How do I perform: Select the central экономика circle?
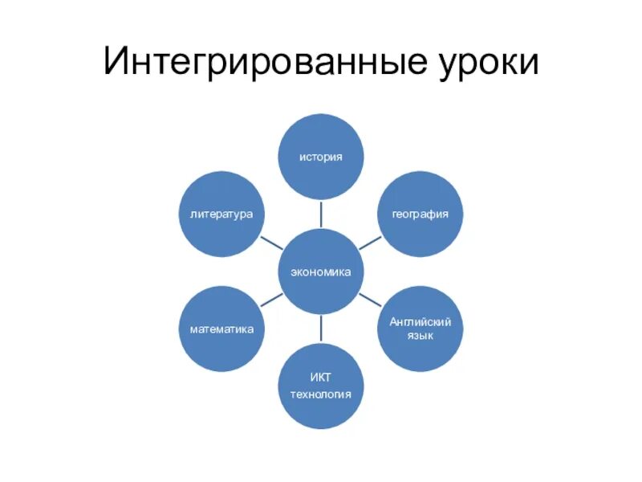tap(321, 272)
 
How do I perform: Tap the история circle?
tap(321, 157)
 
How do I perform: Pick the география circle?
tap(421, 214)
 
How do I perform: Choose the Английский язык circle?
tap(421, 329)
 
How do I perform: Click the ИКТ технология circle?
tap(321, 386)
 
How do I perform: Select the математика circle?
tap(221, 329)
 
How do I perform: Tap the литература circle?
tap(221, 214)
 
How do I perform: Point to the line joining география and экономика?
tap(371, 243)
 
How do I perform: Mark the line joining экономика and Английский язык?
tap(370, 300)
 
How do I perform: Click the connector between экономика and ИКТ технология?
tap(321, 329)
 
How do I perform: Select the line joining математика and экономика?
tap(271, 301)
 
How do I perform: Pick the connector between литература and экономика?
tap(271, 243)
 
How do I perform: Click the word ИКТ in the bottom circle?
tap(321, 377)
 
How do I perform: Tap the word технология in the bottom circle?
tap(321, 394)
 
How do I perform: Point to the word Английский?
tap(421, 321)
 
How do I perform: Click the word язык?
tap(421, 335)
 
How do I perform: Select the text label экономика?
tap(321, 272)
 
